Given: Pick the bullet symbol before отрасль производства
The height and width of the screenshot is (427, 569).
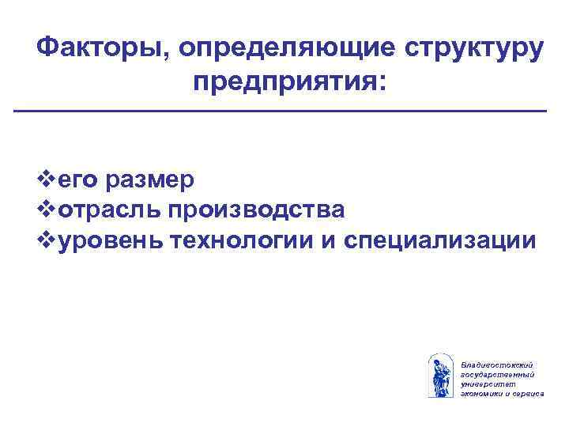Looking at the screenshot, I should point(48,210).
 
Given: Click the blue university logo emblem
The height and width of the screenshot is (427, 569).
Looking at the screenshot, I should point(439,376).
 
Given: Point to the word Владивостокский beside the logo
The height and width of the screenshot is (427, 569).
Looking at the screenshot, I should point(492,364).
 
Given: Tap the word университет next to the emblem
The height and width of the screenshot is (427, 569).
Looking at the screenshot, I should point(486,383).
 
